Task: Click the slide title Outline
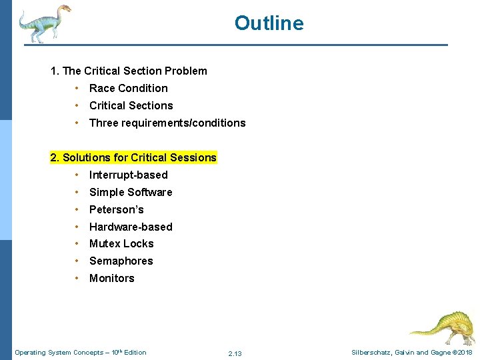tap(269, 23)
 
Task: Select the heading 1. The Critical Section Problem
tap(129, 71)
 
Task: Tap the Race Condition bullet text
tap(128, 88)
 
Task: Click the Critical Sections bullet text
tap(131, 105)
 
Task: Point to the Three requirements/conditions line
tap(167, 123)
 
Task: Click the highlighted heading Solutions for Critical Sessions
tap(133, 157)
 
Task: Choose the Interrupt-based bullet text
tap(128, 175)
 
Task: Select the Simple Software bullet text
tap(131, 192)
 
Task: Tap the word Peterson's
tap(116, 209)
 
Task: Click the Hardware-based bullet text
tap(131, 227)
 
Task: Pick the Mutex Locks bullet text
tap(121, 244)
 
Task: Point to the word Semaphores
tap(121, 261)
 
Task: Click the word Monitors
tap(111, 279)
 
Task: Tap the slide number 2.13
tap(235, 353)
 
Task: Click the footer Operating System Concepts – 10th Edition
tap(80, 353)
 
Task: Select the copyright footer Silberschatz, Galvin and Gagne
tap(412, 353)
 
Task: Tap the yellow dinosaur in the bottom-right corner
tap(442, 327)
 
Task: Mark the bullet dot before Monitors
tap(78, 279)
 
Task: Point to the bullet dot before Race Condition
tap(78, 88)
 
